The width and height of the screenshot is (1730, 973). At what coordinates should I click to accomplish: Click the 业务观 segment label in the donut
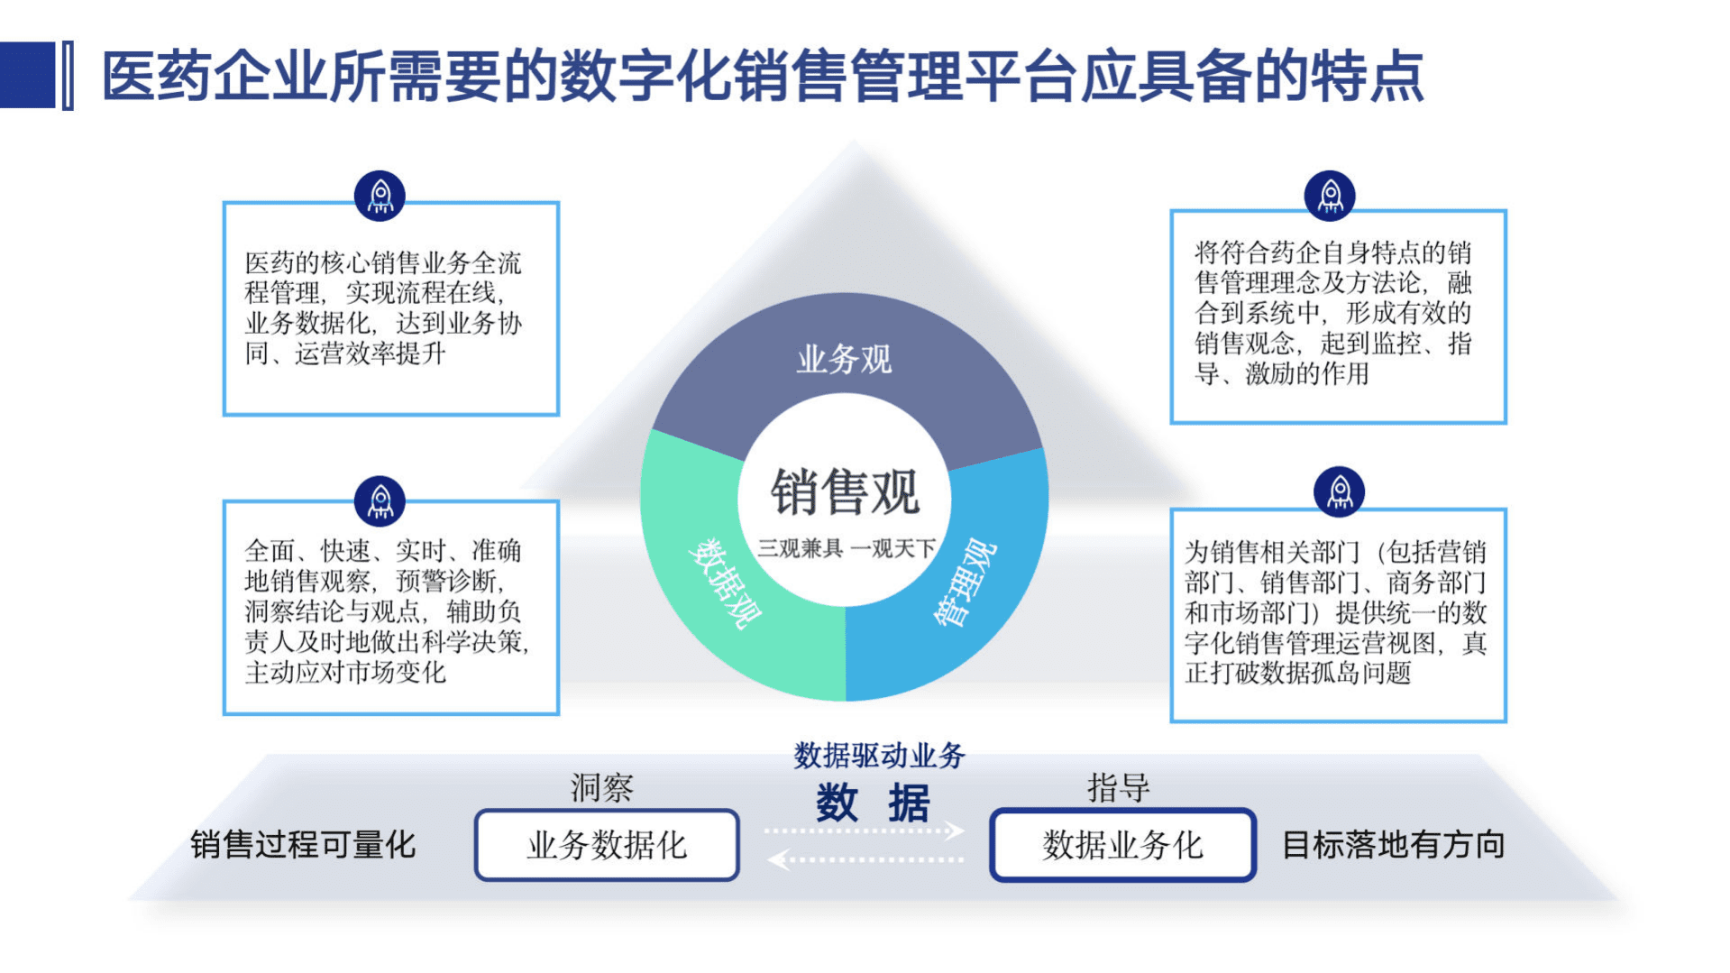(x=844, y=360)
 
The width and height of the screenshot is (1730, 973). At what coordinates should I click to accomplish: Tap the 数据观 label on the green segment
(x=725, y=583)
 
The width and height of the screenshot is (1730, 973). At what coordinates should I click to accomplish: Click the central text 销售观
(x=844, y=492)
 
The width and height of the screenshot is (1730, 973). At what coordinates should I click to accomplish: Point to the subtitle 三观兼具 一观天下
(x=846, y=548)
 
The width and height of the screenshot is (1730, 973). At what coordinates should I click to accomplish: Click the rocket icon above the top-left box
(x=380, y=196)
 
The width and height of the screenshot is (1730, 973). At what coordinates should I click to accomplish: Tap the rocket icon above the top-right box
(x=1330, y=196)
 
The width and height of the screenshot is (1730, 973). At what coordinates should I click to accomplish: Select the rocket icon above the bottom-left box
(x=380, y=500)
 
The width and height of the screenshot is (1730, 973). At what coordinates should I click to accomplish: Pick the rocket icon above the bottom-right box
(x=1340, y=492)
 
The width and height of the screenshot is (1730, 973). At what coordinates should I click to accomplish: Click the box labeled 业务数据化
(x=607, y=845)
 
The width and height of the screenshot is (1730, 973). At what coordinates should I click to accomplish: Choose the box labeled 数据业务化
(x=1122, y=845)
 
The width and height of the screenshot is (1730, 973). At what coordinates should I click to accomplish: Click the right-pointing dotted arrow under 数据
(x=864, y=831)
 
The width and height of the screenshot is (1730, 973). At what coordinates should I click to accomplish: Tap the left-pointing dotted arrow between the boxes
(x=864, y=859)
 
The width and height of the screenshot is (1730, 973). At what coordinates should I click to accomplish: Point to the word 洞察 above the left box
(x=601, y=788)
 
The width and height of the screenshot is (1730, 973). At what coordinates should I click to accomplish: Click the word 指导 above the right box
(x=1118, y=788)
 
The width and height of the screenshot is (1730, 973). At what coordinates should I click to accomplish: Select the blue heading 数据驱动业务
(x=879, y=756)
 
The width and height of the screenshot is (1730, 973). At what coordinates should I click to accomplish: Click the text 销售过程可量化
(x=303, y=845)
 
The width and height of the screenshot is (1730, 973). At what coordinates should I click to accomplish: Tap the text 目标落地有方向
(x=1393, y=845)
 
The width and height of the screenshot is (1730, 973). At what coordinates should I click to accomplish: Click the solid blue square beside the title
(x=27, y=76)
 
